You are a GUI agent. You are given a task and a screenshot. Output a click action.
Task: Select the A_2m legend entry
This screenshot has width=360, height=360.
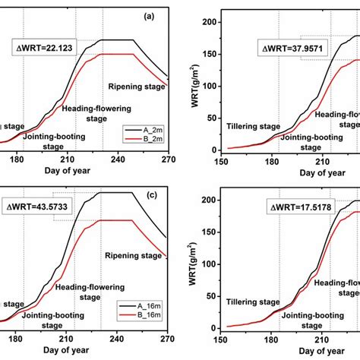[x=140, y=130]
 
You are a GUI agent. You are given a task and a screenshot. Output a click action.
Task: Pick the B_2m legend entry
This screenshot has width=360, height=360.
[x=140, y=140]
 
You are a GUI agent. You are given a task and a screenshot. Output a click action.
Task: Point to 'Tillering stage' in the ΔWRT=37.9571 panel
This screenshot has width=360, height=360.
[x=254, y=127]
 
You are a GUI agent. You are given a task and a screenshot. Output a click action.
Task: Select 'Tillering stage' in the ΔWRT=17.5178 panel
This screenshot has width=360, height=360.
[x=254, y=301]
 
